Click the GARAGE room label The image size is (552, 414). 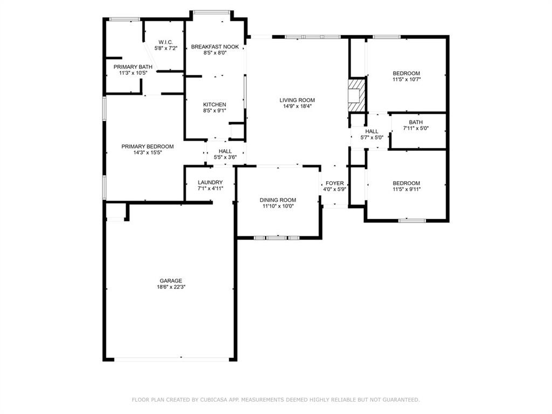pos(170,281)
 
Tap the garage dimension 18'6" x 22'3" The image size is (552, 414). pos(170,287)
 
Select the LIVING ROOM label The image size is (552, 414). pos(297,100)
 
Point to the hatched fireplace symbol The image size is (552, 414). pos(356,95)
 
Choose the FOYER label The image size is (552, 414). pos(334,183)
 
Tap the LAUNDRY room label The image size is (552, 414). pos(210,182)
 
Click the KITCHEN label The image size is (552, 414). pos(215,105)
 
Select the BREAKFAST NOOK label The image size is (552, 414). pos(215,47)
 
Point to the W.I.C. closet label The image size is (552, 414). pos(165,42)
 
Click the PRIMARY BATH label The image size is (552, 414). pos(133,67)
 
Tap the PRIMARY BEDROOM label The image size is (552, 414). pos(147,147)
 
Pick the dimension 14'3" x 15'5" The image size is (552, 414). pos(147,153)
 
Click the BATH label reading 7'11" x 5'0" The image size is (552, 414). pos(416,122)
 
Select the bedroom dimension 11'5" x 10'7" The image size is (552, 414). pos(406,80)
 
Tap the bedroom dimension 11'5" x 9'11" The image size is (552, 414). pos(406,190)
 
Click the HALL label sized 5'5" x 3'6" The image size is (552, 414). pos(225,151)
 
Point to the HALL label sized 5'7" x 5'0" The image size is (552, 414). pos(371,131)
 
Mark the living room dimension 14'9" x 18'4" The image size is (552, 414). pos(297,106)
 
